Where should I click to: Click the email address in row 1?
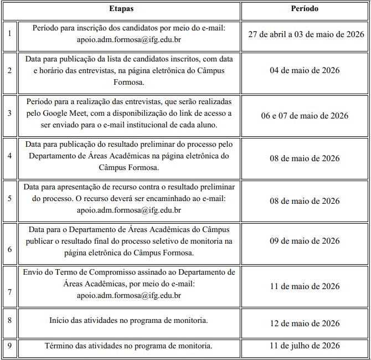[x=129, y=40]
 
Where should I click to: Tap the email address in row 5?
[x=129, y=210]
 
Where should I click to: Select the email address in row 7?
[x=129, y=295]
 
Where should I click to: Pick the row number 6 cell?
[x=9, y=249]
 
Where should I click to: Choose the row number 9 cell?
[x=9, y=346]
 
